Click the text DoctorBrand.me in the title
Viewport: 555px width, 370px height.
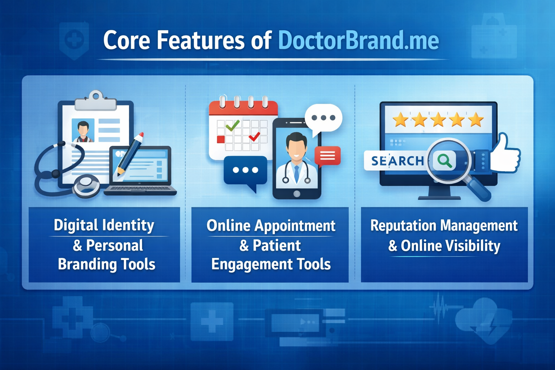tap(358, 40)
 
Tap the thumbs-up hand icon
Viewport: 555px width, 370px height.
tap(507, 155)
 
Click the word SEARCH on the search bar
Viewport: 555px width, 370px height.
tap(397, 161)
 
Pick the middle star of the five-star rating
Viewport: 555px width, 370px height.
tap(438, 120)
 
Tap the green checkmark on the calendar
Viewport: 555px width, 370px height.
tap(232, 125)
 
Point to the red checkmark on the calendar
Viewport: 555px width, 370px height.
tap(254, 137)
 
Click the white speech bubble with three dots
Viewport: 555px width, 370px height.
tap(323, 118)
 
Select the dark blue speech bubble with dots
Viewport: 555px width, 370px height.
tap(246, 171)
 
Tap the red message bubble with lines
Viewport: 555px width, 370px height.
tap(327, 156)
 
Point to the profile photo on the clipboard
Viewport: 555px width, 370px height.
tap(83, 130)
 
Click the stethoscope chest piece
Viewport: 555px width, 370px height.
tap(87, 185)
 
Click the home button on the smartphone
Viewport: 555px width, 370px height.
tap(297, 194)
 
